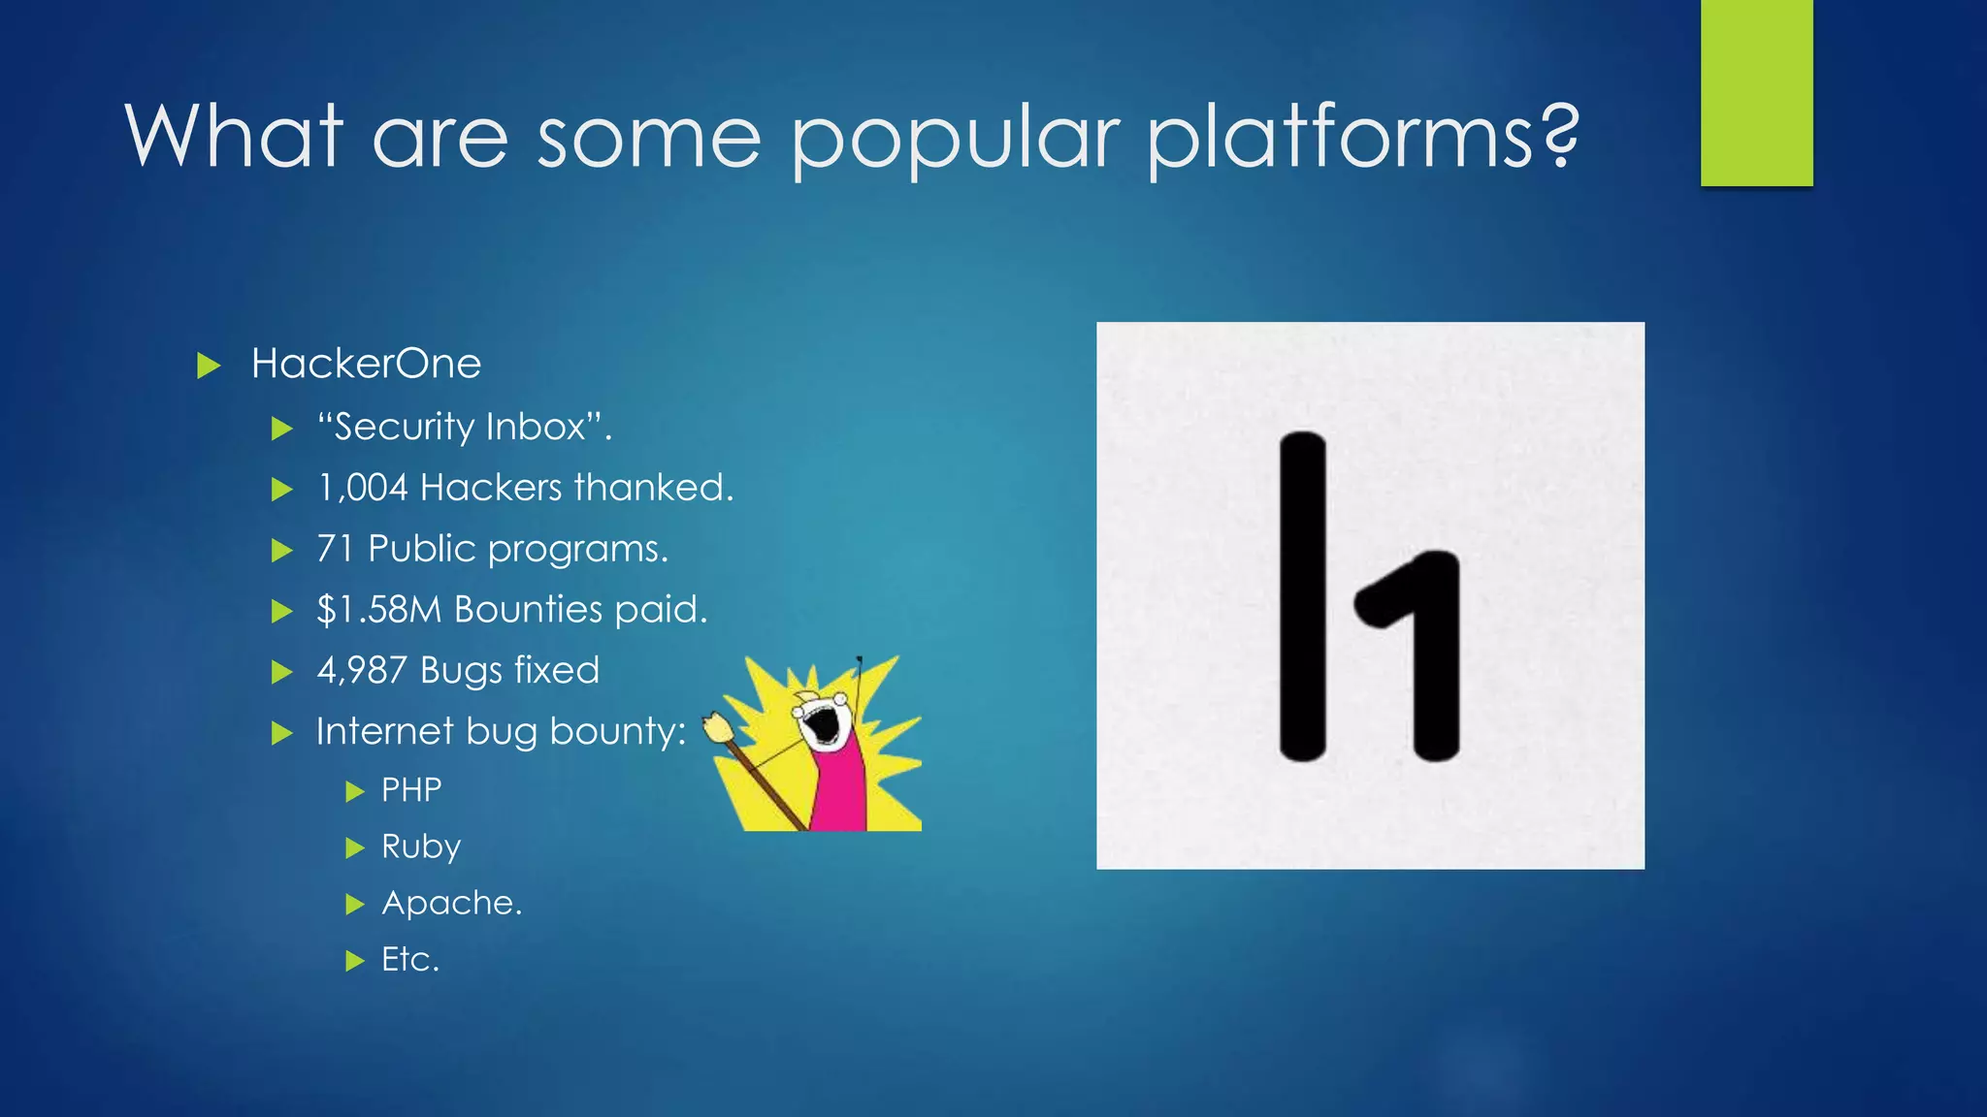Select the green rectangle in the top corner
(1756, 92)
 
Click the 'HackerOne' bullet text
(366, 364)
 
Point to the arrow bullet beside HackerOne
(209, 366)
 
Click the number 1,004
(362, 488)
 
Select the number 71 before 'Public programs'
(334, 549)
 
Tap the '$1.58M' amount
(378, 610)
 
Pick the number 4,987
(361, 671)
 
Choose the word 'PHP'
(411, 790)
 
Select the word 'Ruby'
(420, 846)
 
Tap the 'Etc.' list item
(410, 959)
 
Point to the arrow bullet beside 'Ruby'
(355, 848)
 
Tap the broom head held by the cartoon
(717, 727)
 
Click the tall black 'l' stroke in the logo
(1302, 596)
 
